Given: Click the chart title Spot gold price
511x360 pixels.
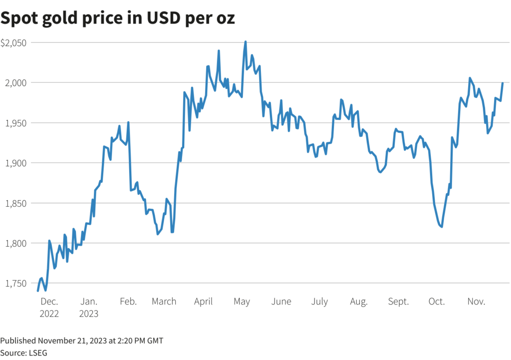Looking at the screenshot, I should click(x=117, y=18).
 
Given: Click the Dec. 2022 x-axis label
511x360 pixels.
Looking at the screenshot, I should click(x=49, y=308).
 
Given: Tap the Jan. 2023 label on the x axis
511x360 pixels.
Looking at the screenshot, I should click(x=89, y=308).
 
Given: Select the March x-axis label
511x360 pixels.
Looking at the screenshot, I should click(x=164, y=302).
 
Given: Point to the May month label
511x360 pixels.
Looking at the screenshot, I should click(x=242, y=302).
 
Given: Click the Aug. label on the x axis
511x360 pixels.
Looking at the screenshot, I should click(x=359, y=302).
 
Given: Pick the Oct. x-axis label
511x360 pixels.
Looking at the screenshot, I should click(x=437, y=302).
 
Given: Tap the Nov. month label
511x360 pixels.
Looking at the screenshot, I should click(x=476, y=302).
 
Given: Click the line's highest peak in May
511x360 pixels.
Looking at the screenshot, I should click(x=245, y=42).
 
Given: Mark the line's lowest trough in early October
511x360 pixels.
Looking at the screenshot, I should click(x=442, y=227).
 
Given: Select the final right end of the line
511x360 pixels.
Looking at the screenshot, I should click(x=502, y=83).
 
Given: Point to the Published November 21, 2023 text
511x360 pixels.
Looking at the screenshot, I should click(x=81, y=341).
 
